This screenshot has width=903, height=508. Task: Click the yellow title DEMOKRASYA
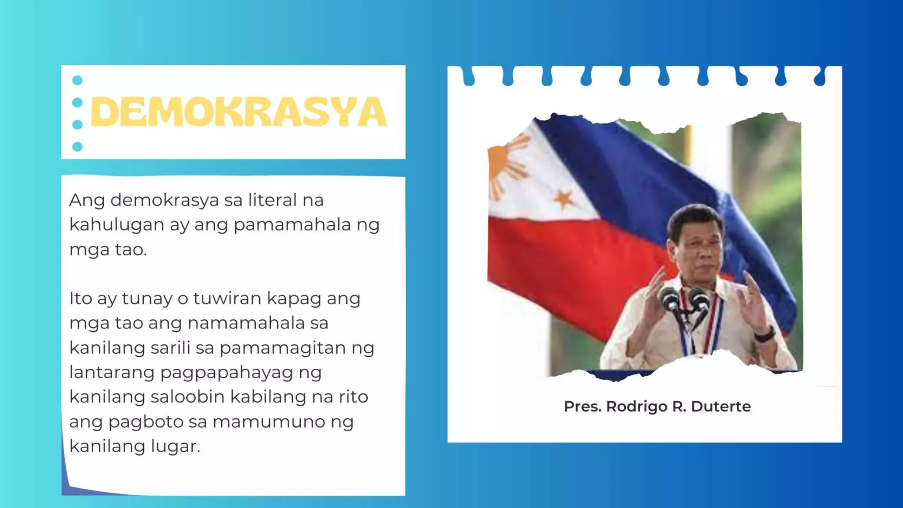[239, 112]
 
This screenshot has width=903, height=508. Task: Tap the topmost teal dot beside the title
[77, 80]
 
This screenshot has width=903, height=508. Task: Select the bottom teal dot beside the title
[77, 146]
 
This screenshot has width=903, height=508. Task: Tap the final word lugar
[175, 446]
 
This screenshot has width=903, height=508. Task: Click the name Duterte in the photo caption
[720, 406]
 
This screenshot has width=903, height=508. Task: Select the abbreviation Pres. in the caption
[582, 406]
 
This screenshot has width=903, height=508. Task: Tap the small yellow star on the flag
[563, 199]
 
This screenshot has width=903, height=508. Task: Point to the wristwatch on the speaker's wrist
[764, 334]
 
